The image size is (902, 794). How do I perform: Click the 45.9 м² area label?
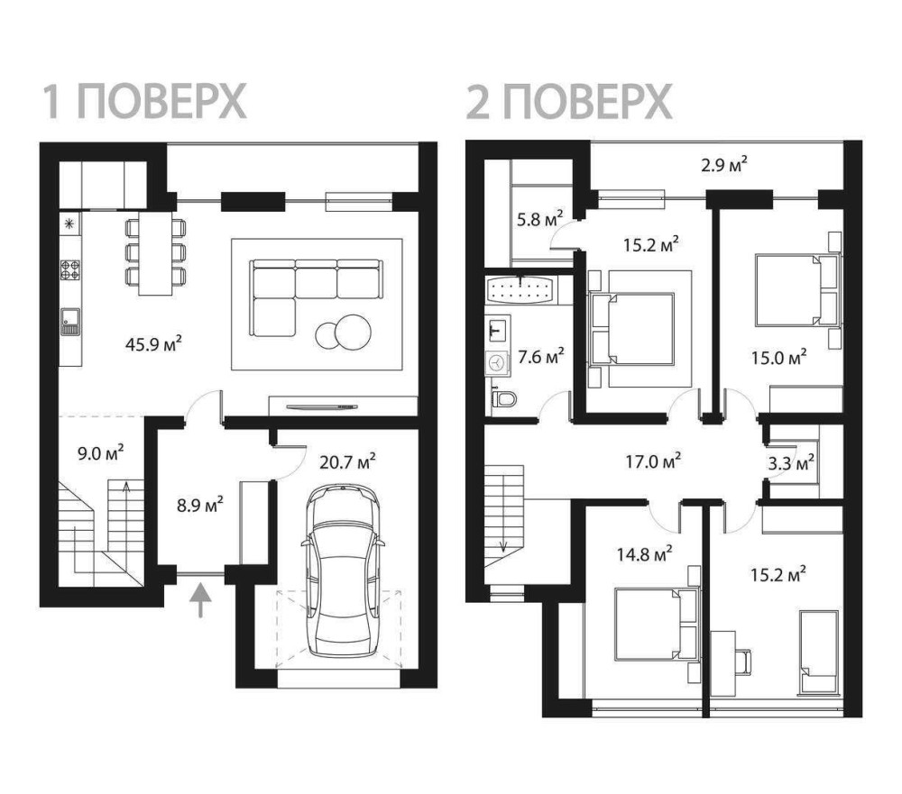(x=153, y=344)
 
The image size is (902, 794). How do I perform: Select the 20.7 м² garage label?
(x=347, y=461)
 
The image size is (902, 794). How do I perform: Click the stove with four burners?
(x=70, y=269)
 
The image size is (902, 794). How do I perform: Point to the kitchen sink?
(x=70, y=322)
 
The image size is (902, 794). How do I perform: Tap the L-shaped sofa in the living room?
(x=316, y=297)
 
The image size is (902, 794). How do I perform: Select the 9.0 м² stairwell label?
(x=101, y=453)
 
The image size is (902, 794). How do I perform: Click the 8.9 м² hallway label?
(x=200, y=506)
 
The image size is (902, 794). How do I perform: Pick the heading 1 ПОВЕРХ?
(x=145, y=101)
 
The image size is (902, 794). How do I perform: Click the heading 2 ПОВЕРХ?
(x=569, y=101)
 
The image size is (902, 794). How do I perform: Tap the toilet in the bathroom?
(x=504, y=397)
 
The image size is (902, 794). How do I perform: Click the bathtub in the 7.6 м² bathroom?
(x=520, y=289)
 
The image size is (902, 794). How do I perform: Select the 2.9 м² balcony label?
(x=724, y=165)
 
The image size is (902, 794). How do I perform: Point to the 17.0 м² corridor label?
(x=653, y=461)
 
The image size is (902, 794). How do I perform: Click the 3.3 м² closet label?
(x=791, y=461)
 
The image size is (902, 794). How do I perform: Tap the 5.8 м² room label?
(x=540, y=219)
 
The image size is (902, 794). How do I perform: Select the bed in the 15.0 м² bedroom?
(x=796, y=291)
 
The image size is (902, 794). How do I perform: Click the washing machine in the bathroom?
(x=498, y=363)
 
